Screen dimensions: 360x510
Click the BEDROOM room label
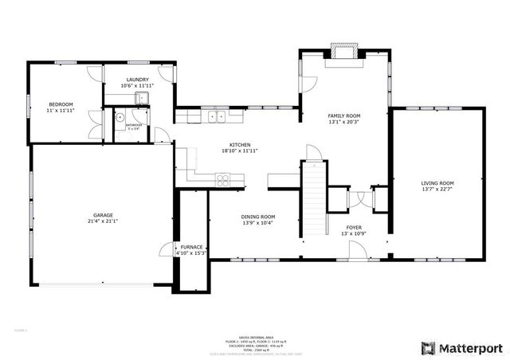(x=61, y=104)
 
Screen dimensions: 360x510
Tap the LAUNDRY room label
(x=135, y=80)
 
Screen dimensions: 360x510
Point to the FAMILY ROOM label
(x=344, y=115)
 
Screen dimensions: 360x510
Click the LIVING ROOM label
(x=437, y=183)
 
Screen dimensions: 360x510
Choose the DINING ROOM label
(x=258, y=217)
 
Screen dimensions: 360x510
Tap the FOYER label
(x=354, y=227)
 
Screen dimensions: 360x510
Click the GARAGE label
(x=103, y=215)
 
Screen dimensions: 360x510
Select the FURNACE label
(x=191, y=247)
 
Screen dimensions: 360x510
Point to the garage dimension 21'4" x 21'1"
(x=103, y=221)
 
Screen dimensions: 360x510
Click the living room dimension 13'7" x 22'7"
(x=437, y=190)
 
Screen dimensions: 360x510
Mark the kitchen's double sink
(x=215, y=117)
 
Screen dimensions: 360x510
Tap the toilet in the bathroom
(x=120, y=115)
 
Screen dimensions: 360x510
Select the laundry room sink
(x=140, y=98)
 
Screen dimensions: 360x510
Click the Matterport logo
(x=461, y=348)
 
